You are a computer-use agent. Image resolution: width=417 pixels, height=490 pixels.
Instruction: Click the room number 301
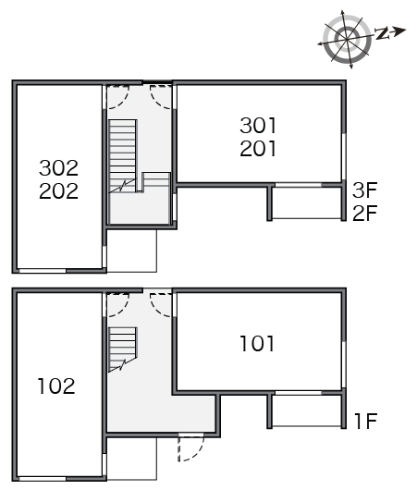(258, 126)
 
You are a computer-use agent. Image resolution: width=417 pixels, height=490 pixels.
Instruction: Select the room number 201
(258, 149)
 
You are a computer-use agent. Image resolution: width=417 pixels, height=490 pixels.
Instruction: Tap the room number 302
(58, 168)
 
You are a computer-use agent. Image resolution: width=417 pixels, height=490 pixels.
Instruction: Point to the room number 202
(58, 191)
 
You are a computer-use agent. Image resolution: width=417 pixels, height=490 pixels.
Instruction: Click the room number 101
(257, 344)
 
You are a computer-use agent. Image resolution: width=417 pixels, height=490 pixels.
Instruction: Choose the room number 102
(56, 386)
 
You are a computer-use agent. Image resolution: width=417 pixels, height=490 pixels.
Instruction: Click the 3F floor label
(365, 190)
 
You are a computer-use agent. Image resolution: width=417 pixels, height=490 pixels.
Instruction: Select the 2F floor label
(365, 214)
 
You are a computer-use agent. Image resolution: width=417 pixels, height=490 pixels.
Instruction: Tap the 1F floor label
(366, 421)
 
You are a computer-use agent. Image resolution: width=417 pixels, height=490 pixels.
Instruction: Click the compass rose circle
(347, 39)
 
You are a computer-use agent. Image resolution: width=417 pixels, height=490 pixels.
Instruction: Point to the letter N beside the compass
(382, 33)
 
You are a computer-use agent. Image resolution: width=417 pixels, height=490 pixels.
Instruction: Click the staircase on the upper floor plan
(140, 156)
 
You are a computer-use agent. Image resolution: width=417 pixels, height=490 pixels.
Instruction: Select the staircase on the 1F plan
(123, 349)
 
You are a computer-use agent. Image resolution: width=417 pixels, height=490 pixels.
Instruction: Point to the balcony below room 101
(306, 410)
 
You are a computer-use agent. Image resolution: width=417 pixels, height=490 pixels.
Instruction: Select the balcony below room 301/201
(306, 203)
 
